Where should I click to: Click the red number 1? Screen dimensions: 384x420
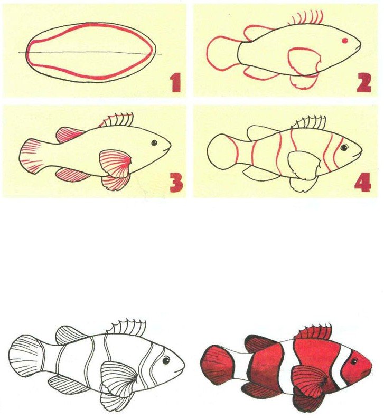tap(176, 83)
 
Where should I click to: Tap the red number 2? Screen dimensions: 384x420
tap(363, 83)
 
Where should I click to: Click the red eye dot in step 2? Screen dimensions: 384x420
tap(345, 41)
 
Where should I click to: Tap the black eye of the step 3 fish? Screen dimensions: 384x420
tap(154, 143)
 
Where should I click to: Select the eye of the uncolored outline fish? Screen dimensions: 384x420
tap(166, 360)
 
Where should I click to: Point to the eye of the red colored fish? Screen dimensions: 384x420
tap(354, 362)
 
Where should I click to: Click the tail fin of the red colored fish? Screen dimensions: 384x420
tap(217, 364)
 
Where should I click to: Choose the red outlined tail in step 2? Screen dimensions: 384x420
tap(222, 54)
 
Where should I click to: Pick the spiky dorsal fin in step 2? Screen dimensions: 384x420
tap(308, 18)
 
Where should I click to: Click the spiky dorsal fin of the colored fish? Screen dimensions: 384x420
tap(314, 331)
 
